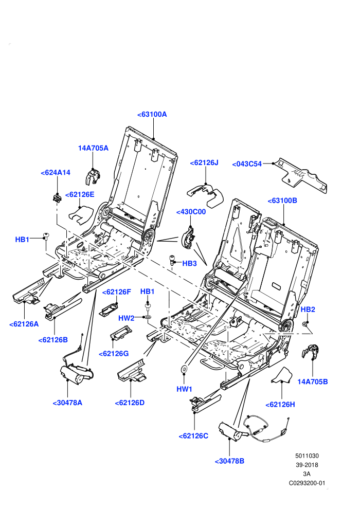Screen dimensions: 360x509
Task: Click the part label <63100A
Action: pyautogui.click(x=152, y=114)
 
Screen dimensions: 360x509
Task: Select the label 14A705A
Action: pyautogui.click(x=93, y=148)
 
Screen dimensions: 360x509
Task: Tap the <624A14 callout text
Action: pyautogui.click(x=56, y=172)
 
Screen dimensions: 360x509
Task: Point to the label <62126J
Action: pyautogui.click(x=204, y=162)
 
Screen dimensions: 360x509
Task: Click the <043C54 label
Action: pyautogui.click(x=247, y=164)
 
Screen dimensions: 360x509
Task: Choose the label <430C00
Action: pyautogui.click(x=191, y=212)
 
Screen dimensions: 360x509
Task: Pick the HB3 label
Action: pyautogui.click(x=190, y=263)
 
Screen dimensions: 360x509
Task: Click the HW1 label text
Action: pyautogui.click(x=185, y=389)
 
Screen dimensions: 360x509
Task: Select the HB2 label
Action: pyautogui.click(x=308, y=310)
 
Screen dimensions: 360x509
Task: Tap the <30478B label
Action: pyautogui.click(x=229, y=461)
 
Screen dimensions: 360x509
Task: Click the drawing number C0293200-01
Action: pyautogui.click(x=307, y=483)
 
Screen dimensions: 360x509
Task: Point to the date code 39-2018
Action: pyautogui.click(x=307, y=465)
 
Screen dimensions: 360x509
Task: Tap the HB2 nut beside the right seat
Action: pyautogui.click(x=304, y=323)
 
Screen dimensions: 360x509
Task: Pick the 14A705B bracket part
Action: pyautogui.click(x=310, y=352)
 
